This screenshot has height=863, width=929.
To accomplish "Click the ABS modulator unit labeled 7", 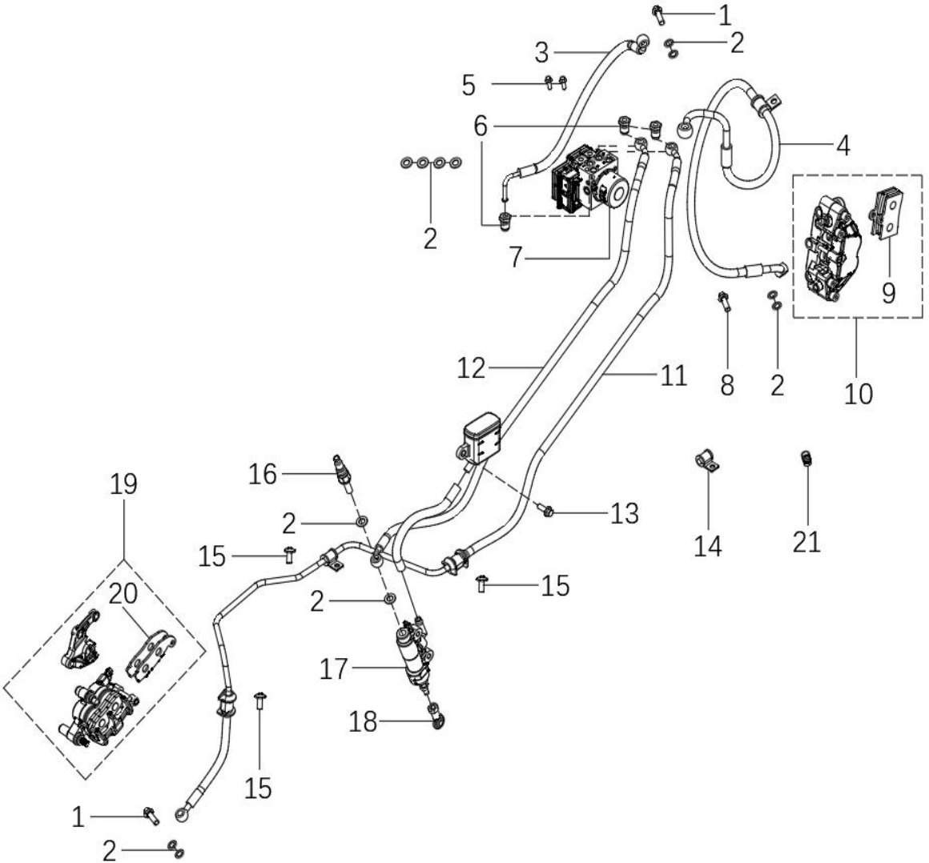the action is tap(590, 180).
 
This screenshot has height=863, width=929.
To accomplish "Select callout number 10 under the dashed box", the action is tap(858, 393).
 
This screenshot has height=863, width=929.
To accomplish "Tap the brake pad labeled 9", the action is tap(887, 212).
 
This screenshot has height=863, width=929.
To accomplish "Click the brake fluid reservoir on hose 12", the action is tap(482, 440).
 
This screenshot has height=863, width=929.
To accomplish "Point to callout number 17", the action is tap(334, 669).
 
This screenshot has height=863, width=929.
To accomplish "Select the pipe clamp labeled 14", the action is tap(706, 461).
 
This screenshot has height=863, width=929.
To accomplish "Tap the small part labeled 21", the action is tap(805, 458).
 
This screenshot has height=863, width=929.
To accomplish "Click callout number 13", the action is tap(625, 513).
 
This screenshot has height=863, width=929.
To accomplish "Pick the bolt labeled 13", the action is tap(545, 509).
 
